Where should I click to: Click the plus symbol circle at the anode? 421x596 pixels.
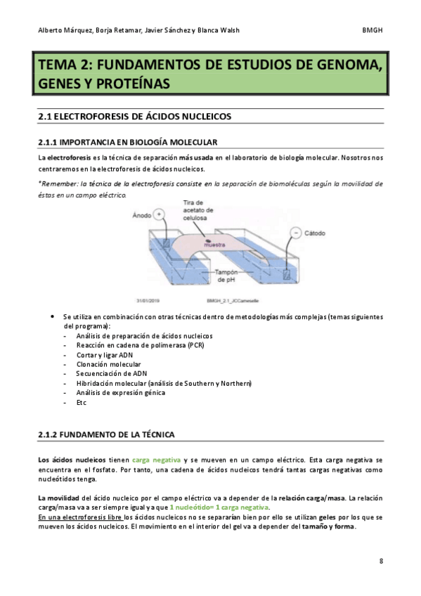[x=160, y=213]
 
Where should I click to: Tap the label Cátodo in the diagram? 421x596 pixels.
[x=322, y=231]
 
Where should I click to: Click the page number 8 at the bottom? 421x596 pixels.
[x=380, y=561]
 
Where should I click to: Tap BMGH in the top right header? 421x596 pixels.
[x=372, y=30]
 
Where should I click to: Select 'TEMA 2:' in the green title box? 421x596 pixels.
[x=64, y=65]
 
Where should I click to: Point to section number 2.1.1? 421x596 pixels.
[x=51, y=142]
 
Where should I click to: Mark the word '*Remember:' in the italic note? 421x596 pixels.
[x=58, y=183]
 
